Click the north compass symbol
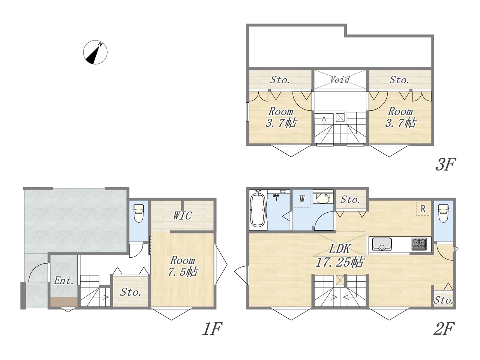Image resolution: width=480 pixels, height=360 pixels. click(95, 52)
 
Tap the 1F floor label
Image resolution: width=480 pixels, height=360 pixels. click(212, 328)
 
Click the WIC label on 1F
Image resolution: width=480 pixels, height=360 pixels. click(183, 216)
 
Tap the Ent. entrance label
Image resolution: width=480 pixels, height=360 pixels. click(64, 280)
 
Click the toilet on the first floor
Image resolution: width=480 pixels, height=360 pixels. click(138, 213)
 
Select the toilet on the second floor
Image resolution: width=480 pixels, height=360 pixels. click(444, 213)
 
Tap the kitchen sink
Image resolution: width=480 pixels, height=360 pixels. click(382, 244)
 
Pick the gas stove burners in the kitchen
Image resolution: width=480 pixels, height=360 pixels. click(419, 244)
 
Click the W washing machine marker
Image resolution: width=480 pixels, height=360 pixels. click(302, 199)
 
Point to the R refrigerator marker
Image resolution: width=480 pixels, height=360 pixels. click(423, 209)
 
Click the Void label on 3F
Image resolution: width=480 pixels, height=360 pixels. click(340, 79)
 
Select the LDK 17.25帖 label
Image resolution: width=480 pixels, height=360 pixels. click(340, 255)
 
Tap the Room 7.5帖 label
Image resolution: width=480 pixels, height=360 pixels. click(183, 266)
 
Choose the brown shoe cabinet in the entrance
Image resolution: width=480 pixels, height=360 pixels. click(64, 302)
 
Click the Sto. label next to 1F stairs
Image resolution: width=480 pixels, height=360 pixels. click(130, 292)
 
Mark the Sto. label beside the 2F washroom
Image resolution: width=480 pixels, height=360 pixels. click(350, 199)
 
